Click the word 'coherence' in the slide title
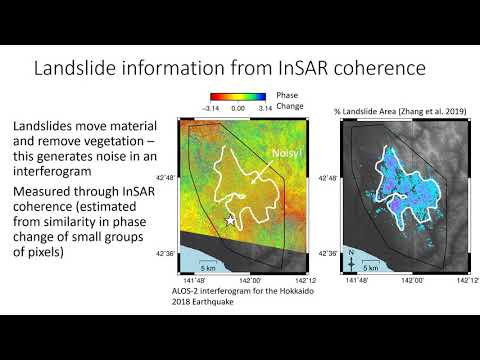(x=380, y=69)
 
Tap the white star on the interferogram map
(x=232, y=220)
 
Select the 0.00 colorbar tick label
(x=239, y=105)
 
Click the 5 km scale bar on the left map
(x=208, y=264)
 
